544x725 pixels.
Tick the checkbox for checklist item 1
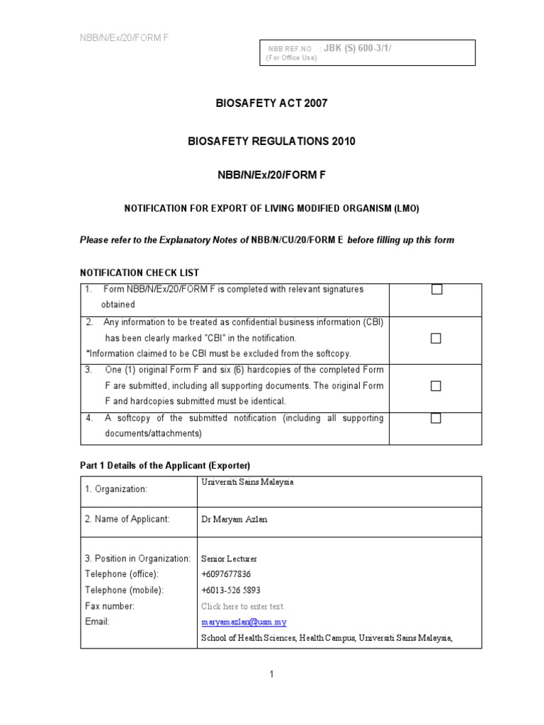coord(436,290)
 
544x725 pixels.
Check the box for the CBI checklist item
coord(436,338)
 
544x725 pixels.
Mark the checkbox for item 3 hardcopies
coord(436,386)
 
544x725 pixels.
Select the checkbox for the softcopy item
coord(436,418)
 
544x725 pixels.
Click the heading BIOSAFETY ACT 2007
coord(271,103)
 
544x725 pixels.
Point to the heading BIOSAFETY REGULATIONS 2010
coord(271,142)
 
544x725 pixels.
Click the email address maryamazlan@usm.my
coord(243,622)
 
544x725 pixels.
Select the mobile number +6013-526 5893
coord(231,590)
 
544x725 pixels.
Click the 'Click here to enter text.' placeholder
coord(242,607)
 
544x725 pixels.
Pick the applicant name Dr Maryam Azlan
coord(235,519)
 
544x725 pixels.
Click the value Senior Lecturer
coord(229,559)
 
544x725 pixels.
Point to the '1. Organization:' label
coord(116,489)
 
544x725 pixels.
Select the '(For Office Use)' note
coord(291,58)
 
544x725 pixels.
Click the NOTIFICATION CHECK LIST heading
coord(139,273)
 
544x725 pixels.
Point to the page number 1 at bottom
coord(271,674)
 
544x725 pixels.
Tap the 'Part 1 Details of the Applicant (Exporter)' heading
coord(164,464)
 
